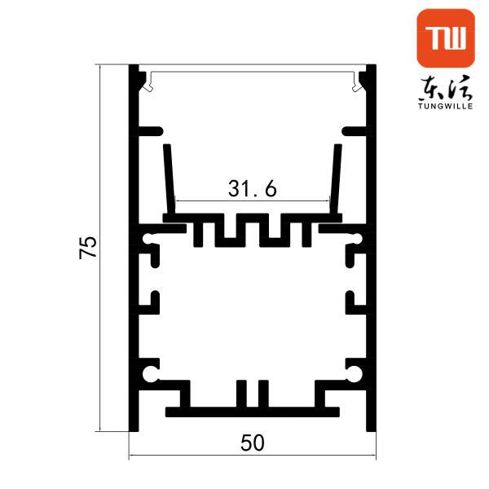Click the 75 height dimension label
click(x=88, y=247)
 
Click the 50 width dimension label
click(x=253, y=443)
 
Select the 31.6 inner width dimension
click(x=252, y=189)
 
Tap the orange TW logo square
click(x=446, y=38)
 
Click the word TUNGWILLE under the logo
click(x=446, y=106)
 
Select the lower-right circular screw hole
click(x=355, y=373)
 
